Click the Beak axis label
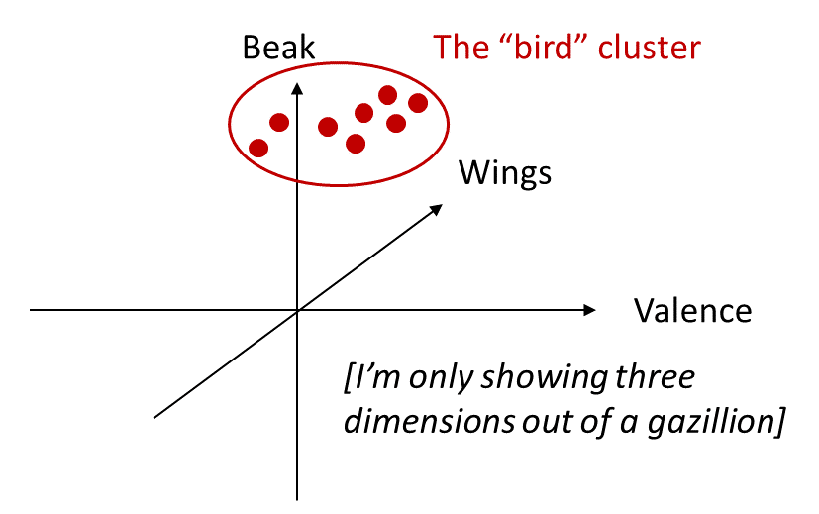[278, 47]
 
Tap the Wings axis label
[504, 174]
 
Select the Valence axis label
[692, 311]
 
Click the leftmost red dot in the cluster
[258, 148]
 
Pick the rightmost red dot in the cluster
[417, 103]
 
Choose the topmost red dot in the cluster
[388, 95]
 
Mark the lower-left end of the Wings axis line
[155, 418]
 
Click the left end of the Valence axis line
[32, 311]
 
